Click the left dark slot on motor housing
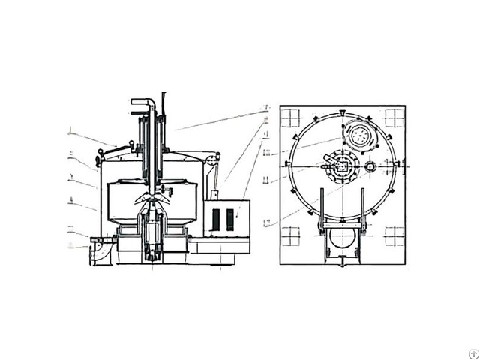click(217, 220)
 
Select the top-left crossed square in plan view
click(290, 117)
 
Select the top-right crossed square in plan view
click(394, 117)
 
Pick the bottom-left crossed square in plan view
click(290, 237)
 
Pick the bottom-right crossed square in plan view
click(394, 237)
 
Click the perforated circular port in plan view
click(359, 136)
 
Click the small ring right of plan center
click(370, 166)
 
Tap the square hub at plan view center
click(342, 166)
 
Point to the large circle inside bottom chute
click(342, 239)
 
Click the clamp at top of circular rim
click(342, 112)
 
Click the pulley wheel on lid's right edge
click(212, 160)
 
